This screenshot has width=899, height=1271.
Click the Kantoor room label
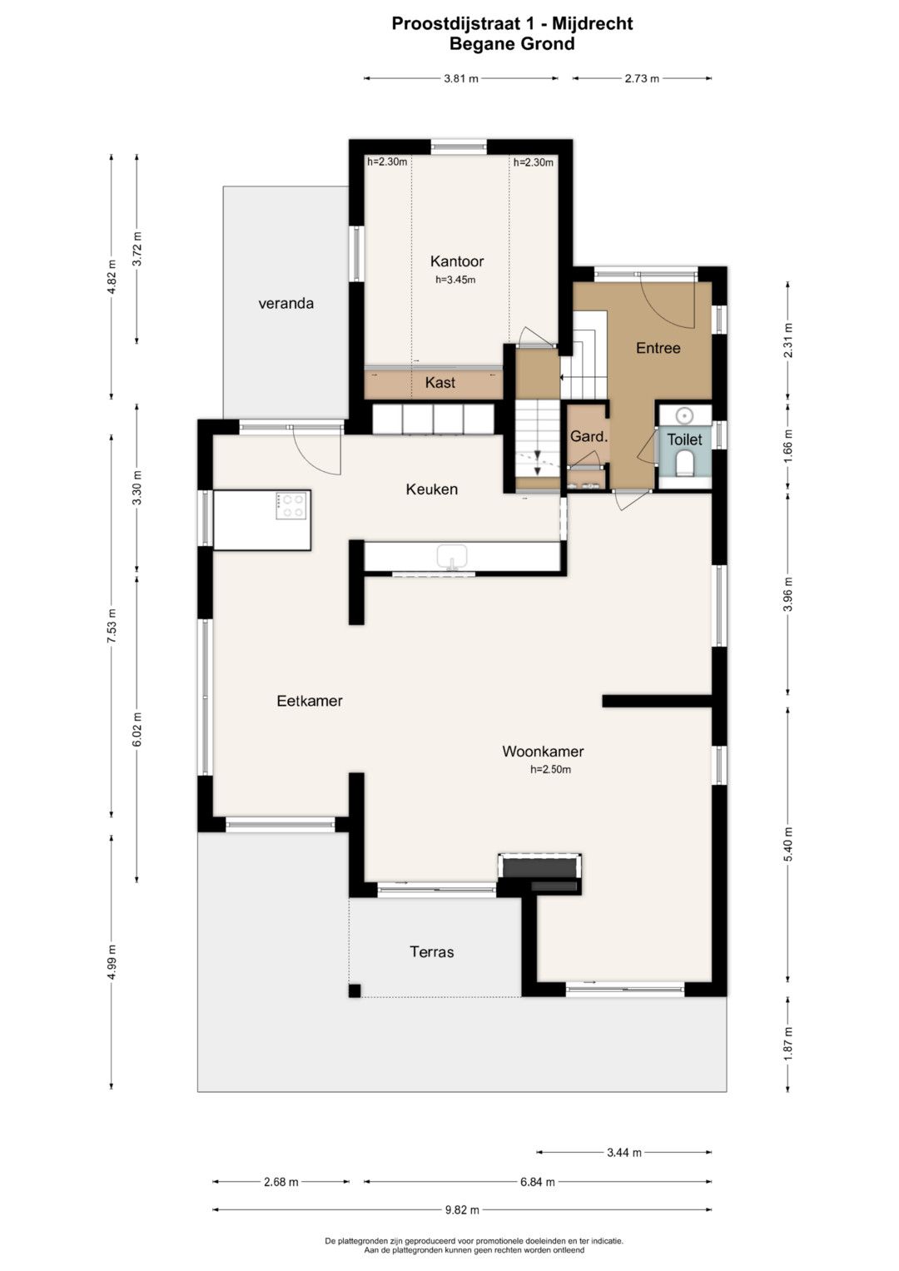(457, 261)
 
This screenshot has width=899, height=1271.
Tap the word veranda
(286, 304)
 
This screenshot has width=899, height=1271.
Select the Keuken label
(432, 489)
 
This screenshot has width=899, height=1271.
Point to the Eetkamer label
(310, 701)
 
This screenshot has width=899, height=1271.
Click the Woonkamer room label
(543, 752)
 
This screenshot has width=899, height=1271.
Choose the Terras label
(432, 951)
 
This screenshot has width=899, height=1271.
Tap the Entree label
(658, 348)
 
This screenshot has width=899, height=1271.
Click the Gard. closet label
(589, 436)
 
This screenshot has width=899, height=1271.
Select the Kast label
(440, 382)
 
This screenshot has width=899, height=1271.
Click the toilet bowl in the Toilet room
(685, 463)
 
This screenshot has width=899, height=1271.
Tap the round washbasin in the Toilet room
(685, 416)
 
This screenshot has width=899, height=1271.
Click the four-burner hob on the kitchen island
(291, 505)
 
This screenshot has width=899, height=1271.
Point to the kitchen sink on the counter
(452, 557)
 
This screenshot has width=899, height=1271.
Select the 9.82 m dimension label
(463, 1210)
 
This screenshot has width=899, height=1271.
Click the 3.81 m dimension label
(461, 79)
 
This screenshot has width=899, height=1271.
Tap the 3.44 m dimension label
(624, 1153)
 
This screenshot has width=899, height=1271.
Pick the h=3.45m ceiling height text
(455, 280)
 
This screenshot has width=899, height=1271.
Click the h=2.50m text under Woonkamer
(550, 770)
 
